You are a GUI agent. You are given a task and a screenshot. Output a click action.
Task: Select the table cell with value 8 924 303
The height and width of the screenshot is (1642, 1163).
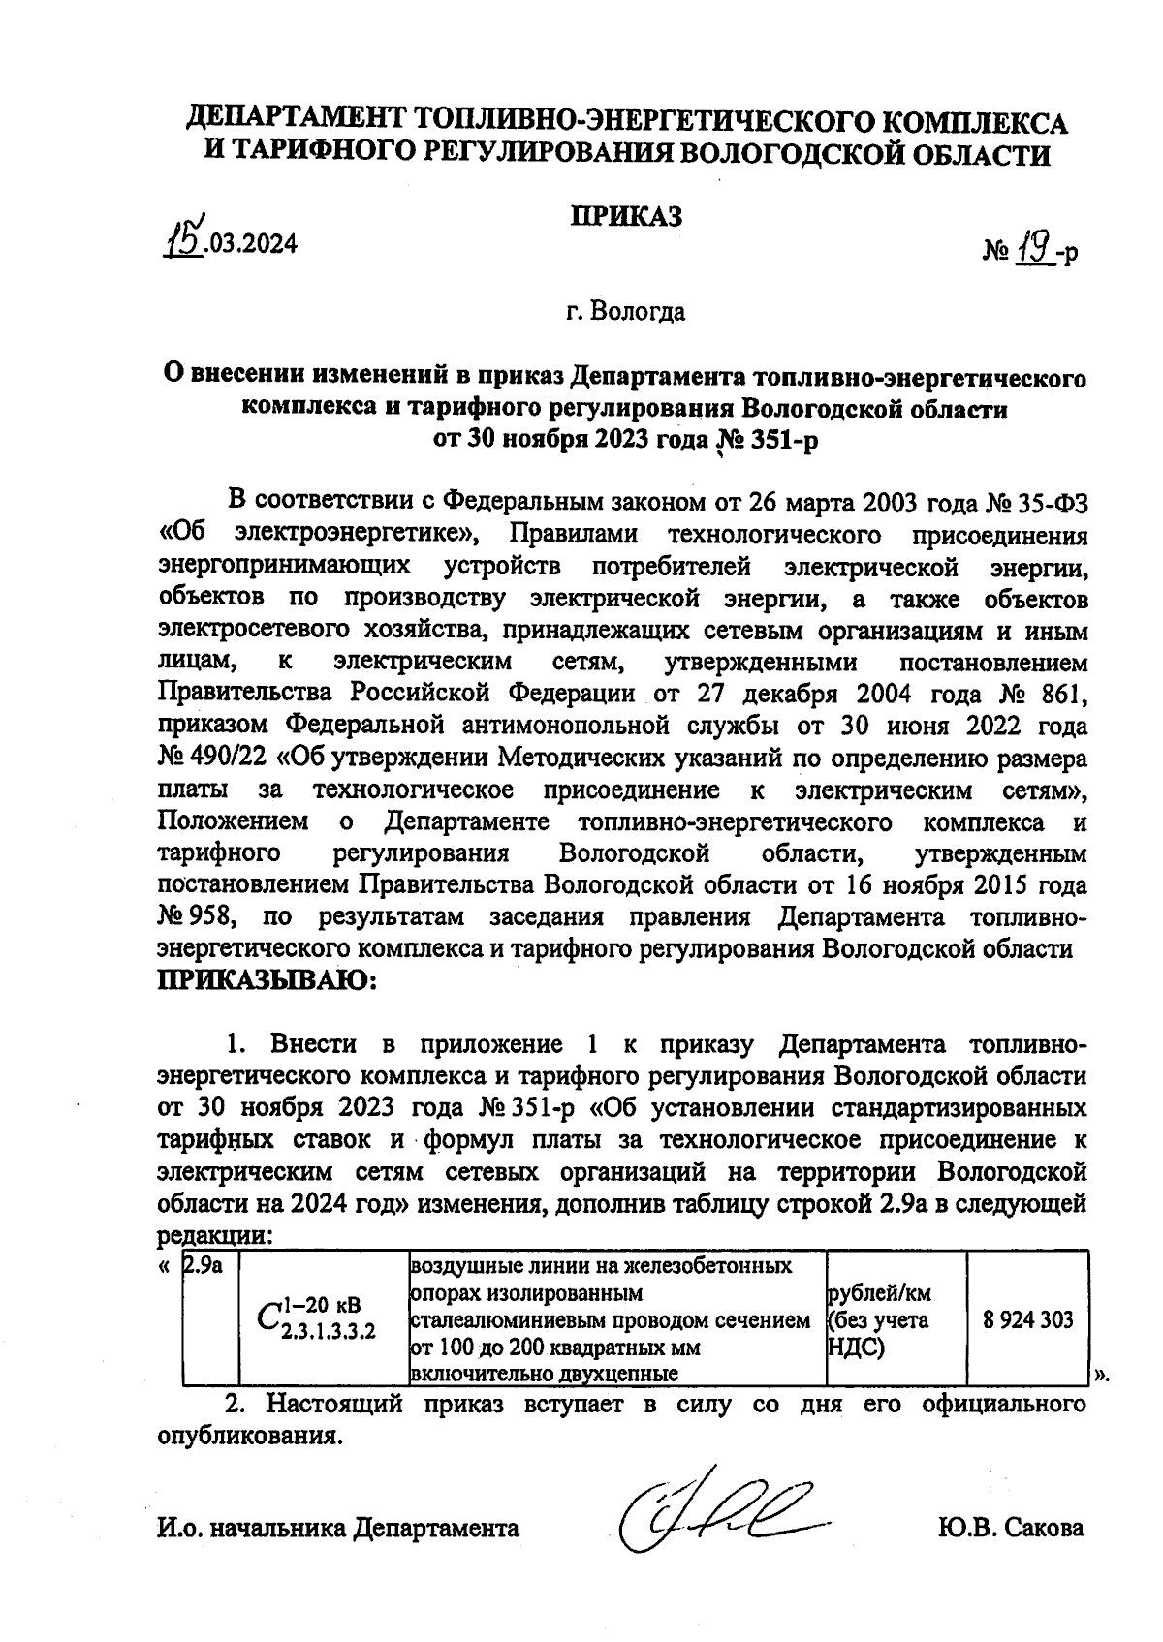point(1027,1319)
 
